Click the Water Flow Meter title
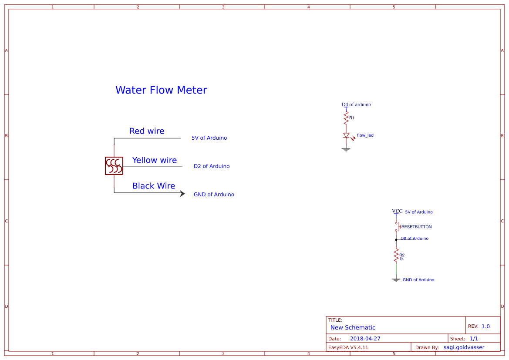pos(161,90)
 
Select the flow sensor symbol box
pos(114,166)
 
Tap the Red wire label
pos(147,131)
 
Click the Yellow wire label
pos(155,160)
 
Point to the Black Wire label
pos(154,186)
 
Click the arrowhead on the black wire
pos(182,194)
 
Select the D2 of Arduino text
pos(212,166)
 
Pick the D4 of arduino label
pos(356,104)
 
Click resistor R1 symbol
pos(346,118)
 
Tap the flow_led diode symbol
pos(346,135)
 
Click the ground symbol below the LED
pos(346,149)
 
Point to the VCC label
pos(397,211)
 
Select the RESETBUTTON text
pos(416,227)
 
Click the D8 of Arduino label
pos(415,239)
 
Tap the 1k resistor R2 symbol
pos(396,256)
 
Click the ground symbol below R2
pos(396,280)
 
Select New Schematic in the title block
pos(353,327)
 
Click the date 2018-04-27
pos(365,339)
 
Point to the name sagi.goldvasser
pos(464,347)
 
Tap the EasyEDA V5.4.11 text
pos(348,347)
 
